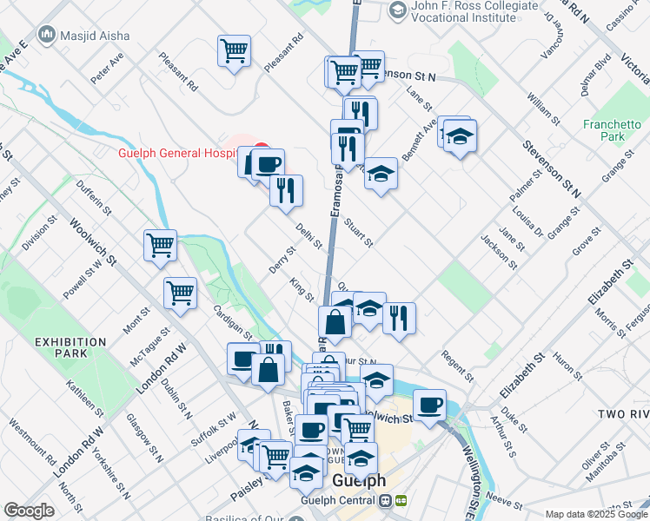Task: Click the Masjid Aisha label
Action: click(95, 36)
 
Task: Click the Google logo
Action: click(29, 511)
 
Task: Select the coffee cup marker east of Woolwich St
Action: click(430, 406)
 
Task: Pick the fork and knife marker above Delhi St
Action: click(286, 189)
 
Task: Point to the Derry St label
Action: click(282, 259)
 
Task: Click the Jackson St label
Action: click(498, 252)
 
